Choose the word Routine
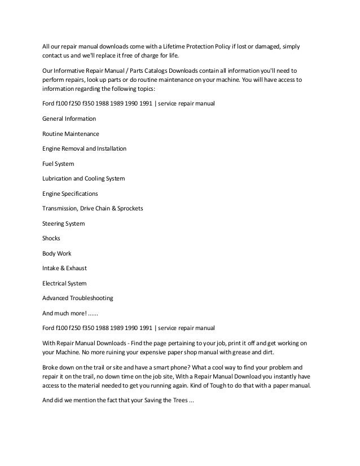[x=54, y=134]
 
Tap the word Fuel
[x=49, y=164]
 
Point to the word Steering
[x=55, y=223]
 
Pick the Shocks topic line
[x=51, y=239]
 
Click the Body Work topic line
[x=56, y=253]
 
